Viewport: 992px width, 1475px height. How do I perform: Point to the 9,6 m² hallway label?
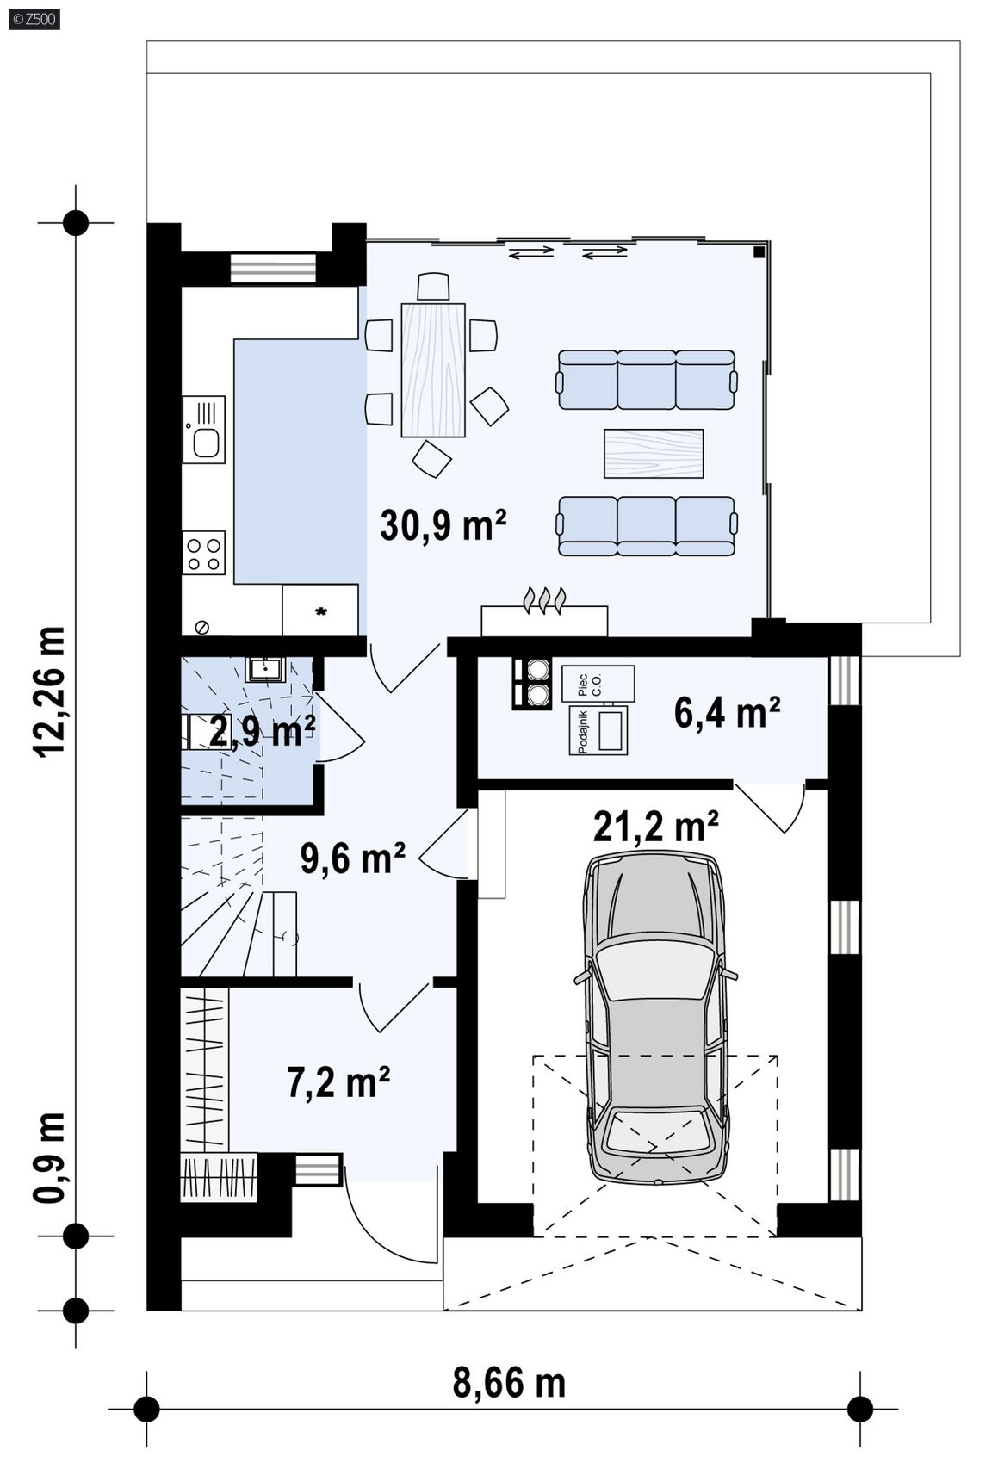352,857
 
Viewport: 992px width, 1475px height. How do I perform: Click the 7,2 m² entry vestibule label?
338,1081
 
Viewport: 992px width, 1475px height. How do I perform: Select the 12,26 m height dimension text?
51,691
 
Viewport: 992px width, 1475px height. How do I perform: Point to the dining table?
433,369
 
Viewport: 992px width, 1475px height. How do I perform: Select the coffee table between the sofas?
654,453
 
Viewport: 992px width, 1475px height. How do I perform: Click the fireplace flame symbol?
544,600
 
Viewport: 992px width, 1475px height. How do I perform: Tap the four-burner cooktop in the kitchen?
203,553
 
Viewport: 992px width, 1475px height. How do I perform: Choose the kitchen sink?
203,429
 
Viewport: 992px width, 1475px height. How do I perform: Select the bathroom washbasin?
265,669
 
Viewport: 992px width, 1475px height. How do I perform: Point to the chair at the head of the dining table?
434,287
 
